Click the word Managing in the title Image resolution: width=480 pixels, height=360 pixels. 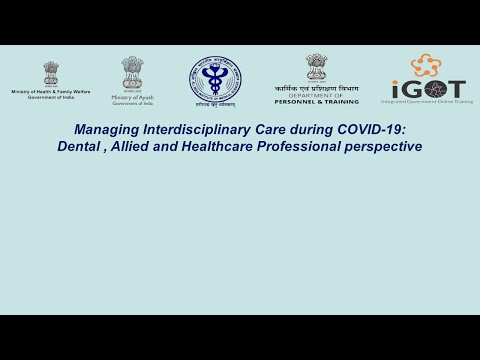[106, 130]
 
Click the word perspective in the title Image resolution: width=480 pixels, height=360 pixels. [386, 147]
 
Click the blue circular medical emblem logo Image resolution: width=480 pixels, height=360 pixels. [215, 79]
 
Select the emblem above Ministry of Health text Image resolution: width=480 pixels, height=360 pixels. [50, 73]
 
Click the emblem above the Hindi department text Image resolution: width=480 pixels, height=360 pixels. [316, 66]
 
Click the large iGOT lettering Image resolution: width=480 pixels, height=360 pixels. [428, 88]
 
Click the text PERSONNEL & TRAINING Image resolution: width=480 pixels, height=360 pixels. [316, 101]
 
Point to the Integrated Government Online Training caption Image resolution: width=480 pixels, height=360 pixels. [428, 101]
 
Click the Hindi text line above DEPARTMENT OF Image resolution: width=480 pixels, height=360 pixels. [316, 87]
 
